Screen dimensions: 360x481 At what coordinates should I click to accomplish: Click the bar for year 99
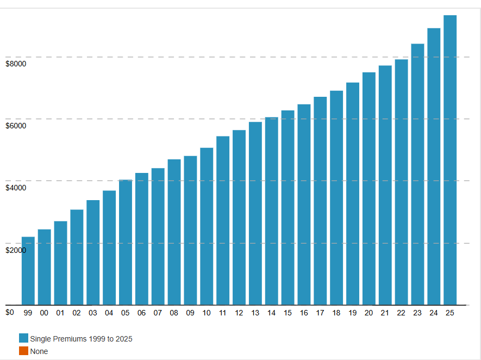tap(28, 271)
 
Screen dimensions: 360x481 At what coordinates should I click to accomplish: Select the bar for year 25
tap(450, 160)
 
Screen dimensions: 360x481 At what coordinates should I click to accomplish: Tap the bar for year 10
tap(207, 226)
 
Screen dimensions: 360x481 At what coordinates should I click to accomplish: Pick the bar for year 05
tap(126, 242)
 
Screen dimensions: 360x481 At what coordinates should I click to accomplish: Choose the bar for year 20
tap(369, 188)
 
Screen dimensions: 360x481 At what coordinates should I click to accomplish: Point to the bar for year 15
tap(288, 207)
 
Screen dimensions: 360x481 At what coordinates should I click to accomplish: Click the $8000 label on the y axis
tap(16, 64)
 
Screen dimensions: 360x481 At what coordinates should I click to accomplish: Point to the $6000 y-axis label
tap(16, 126)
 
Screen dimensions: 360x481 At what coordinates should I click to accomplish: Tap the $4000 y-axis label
tap(16, 188)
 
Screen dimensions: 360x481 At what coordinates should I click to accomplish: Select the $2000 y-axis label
tap(16, 250)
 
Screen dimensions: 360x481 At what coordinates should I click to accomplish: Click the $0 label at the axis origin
tap(10, 312)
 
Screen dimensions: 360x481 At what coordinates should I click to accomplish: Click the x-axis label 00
tap(44, 313)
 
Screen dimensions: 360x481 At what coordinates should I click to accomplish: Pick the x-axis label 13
tap(255, 313)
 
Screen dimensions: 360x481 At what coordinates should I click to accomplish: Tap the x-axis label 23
tap(417, 313)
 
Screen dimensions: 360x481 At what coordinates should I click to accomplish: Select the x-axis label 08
tap(174, 313)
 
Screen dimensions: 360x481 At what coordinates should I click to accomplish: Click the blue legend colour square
tap(23, 338)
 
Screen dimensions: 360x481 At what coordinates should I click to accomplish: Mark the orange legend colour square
tap(23, 351)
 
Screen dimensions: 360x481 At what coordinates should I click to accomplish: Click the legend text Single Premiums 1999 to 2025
tap(82, 339)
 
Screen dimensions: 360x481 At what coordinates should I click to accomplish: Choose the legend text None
tap(39, 351)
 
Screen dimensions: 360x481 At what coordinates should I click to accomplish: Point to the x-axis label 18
tap(336, 313)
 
